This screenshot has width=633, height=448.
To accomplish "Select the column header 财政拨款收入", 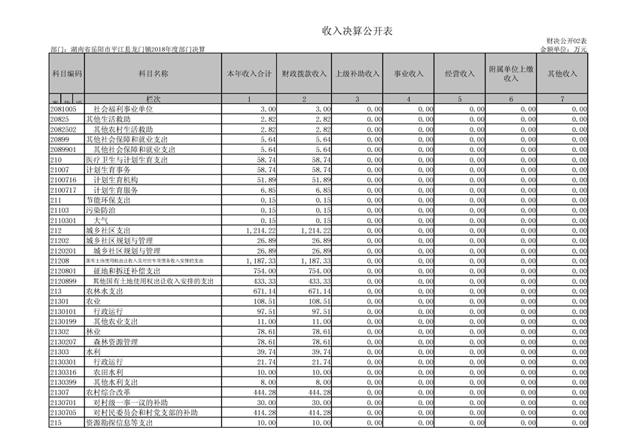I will (304, 74).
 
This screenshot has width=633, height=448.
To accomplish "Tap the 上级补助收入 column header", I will (356, 74).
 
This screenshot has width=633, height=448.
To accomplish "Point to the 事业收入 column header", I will (409, 74).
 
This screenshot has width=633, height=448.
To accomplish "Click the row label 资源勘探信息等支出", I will (120, 423).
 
